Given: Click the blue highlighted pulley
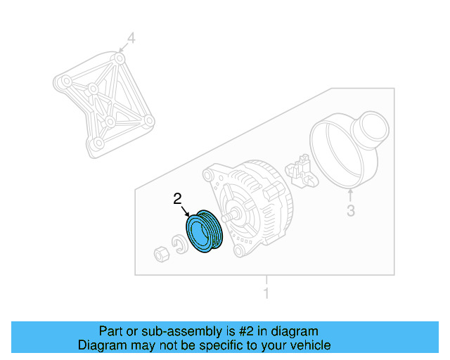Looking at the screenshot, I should click(x=203, y=233).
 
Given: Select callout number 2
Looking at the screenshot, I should click(x=178, y=199).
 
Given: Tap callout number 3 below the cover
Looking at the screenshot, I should click(x=351, y=210).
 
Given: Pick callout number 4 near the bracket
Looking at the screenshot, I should click(x=131, y=38).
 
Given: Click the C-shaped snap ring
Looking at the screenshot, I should click(x=181, y=246).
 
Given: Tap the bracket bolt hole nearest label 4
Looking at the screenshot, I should click(x=121, y=57).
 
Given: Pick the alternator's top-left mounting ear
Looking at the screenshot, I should click(x=209, y=174).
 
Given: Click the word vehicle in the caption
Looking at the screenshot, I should click(x=308, y=345).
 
